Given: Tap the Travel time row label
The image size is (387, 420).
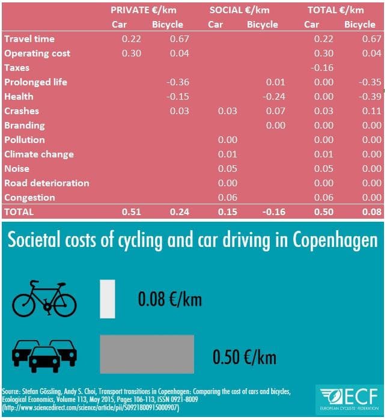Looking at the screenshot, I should (29, 39).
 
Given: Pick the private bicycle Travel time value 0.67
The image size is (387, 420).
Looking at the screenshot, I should (178, 39).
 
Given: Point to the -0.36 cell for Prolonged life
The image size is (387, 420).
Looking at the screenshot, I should (177, 82).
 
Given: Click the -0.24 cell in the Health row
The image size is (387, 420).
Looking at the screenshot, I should (273, 97).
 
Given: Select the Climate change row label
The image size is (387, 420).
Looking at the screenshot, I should (38, 154).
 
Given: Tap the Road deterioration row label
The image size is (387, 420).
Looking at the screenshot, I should (46, 183).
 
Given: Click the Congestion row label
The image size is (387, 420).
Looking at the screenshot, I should (29, 198).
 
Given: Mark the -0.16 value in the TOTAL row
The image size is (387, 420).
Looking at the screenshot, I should (273, 212).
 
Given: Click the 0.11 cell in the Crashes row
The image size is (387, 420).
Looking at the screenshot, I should (371, 111).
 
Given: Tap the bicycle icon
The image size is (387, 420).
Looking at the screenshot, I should (44, 298).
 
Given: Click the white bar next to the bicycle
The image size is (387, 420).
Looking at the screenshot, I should (108, 299).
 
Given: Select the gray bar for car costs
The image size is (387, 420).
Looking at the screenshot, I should (147, 355).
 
